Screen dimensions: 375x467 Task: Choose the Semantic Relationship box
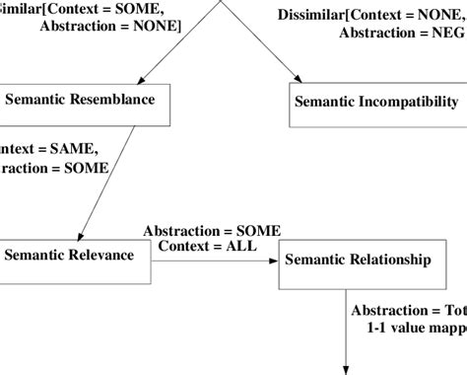(357, 262)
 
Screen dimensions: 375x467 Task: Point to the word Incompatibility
(409, 102)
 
